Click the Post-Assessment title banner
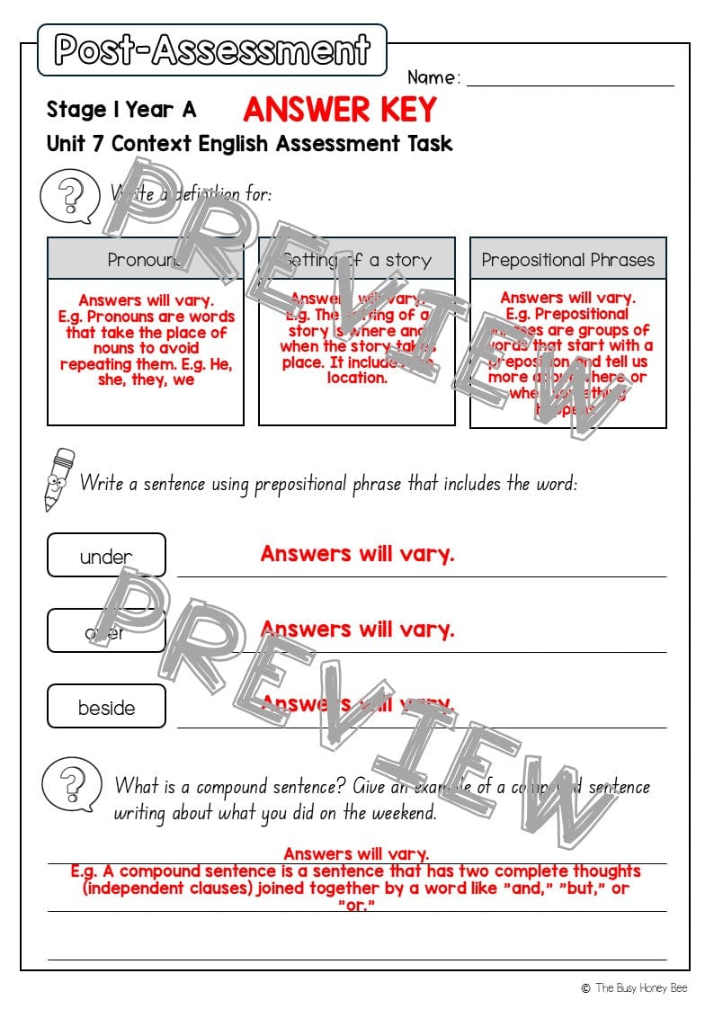[x=212, y=49]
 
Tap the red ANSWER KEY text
[x=339, y=110]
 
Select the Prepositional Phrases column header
[x=567, y=260]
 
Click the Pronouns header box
[x=145, y=259]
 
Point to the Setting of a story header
[x=356, y=260]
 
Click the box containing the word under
[x=106, y=556]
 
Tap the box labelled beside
[x=106, y=707]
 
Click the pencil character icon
[x=59, y=479]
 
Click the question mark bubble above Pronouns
[x=70, y=195]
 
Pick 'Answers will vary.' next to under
[x=357, y=553]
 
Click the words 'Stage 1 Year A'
[x=120, y=110]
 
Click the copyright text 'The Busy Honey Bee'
[x=640, y=987]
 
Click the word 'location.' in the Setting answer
[x=356, y=378]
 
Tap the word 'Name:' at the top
[x=433, y=77]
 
